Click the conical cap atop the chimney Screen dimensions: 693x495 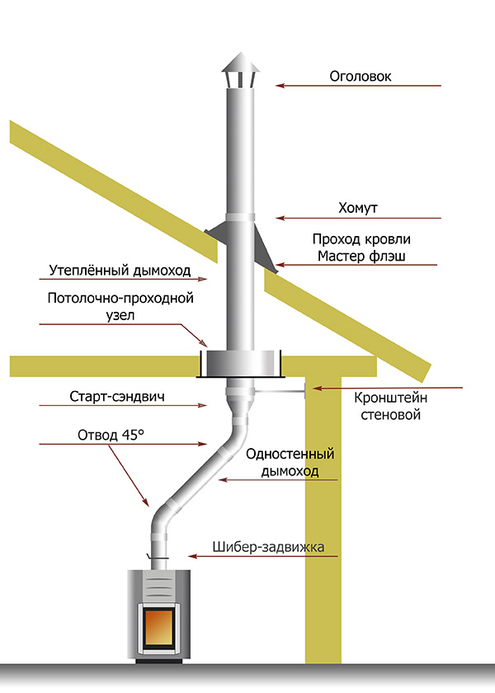(238, 64)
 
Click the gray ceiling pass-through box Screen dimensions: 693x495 (241, 362)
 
